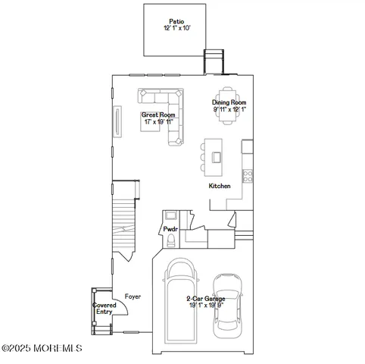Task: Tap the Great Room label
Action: point(152,115)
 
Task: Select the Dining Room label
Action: point(229,103)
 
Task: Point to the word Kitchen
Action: point(220,186)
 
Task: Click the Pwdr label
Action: point(170,227)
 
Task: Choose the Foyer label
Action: point(133,297)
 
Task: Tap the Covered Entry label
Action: point(103,309)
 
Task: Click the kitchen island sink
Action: point(217,157)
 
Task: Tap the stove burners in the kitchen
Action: point(247,175)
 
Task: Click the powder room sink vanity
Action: point(170,215)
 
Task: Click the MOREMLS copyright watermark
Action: point(42,348)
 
